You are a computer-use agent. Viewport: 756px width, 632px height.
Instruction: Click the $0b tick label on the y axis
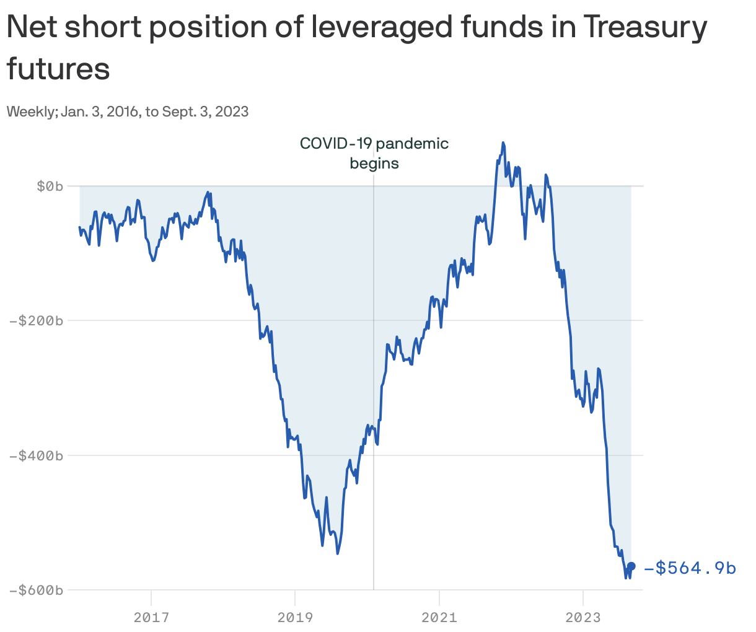pos(50,186)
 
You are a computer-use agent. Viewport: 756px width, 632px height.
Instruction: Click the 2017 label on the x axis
pos(151,617)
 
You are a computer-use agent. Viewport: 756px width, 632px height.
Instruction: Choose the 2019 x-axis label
pos(295,617)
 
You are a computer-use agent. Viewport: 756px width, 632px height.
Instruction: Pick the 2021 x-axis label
pos(439,617)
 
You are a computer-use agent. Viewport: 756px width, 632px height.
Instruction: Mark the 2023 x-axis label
pos(582,617)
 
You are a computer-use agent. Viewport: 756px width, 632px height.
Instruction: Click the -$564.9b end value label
pos(690,568)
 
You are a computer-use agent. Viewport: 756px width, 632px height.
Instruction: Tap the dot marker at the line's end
pos(631,566)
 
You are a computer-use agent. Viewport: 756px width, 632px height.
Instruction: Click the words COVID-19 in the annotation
pos(336,144)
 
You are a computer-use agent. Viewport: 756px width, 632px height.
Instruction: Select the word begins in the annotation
pos(374,164)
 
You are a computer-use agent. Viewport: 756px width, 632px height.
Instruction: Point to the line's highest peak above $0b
pos(503,143)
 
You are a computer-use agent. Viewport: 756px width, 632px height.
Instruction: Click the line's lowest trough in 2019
pos(338,553)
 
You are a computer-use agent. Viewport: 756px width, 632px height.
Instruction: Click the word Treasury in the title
pos(644,27)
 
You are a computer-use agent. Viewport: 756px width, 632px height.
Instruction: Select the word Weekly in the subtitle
pos(32,112)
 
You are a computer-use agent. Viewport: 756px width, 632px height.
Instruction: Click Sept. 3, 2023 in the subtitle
pos(205,112)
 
